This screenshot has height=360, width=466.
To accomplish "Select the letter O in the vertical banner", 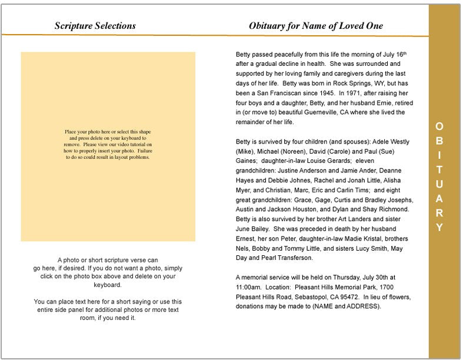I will pyautogui.click(x=439, y=126).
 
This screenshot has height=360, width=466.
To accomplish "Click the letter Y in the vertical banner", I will pyautogui.click(x=439, y=228).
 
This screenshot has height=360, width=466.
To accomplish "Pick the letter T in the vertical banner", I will pyautogui.click(x=439, y=169).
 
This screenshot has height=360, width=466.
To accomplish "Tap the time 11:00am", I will pyautogui.click(x=248, y=286).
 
